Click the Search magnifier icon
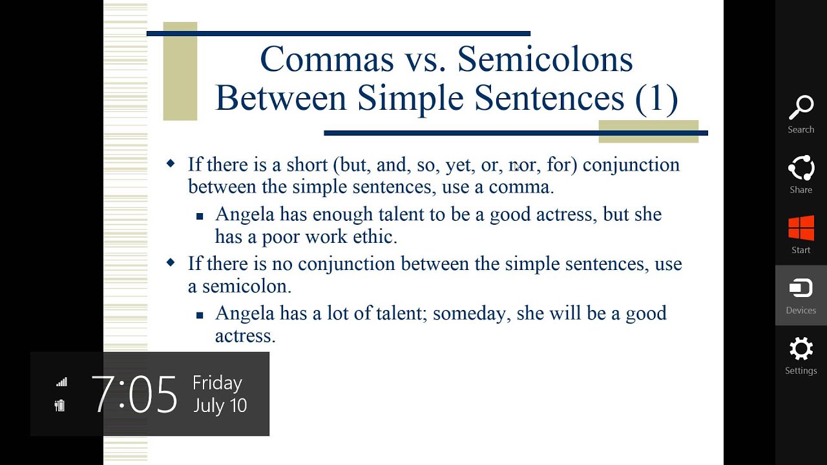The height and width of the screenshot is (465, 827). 801,108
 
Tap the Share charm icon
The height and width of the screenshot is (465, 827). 801,169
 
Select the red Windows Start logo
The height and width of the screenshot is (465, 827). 801,229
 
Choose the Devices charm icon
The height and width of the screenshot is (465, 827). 801,288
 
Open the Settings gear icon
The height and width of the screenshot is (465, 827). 801,349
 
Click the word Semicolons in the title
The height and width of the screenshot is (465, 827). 545,59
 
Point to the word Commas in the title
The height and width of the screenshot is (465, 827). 327,59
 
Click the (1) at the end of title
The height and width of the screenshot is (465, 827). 656,98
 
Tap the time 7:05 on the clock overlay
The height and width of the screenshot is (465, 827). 134,394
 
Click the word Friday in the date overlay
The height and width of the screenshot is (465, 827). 217,383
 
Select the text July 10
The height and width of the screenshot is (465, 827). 220,406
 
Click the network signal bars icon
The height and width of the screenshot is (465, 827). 61,382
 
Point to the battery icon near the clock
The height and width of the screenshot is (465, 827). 60,406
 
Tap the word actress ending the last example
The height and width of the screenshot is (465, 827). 245,336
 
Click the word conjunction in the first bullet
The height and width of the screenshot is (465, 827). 631,165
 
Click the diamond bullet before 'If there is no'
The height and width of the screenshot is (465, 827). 171,262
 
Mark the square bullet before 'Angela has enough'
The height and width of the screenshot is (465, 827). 200,216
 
